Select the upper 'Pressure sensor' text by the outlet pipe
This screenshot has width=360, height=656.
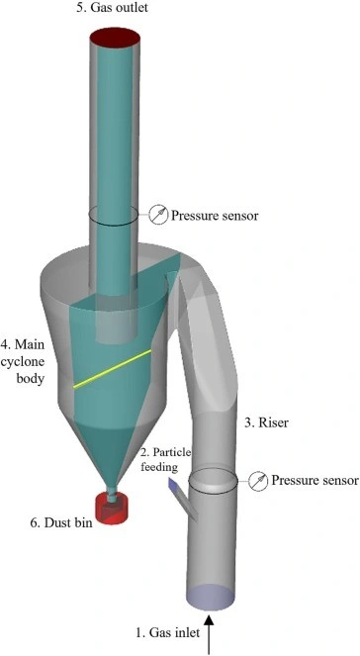(215, 215)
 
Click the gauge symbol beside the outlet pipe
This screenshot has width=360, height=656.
(157, 213)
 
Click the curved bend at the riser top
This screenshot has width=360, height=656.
(213, 297)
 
